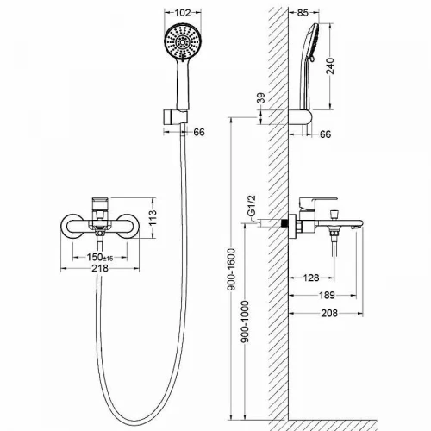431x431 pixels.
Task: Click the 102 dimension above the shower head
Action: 183,13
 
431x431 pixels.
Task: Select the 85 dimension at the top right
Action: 303,13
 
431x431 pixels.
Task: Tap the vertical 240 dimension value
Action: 330,66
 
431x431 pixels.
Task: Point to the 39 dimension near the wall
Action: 261,98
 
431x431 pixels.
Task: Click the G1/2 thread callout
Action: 251,206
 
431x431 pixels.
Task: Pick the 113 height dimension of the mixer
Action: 153,217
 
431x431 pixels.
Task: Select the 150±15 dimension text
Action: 100,257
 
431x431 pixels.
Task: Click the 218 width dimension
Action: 100,268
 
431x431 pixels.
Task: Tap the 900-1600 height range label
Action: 231,270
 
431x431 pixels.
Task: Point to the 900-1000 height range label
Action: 245,322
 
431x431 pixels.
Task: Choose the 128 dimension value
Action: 311,278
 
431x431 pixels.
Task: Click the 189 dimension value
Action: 327,295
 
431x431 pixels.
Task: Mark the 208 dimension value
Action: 329,313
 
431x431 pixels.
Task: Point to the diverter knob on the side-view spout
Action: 334,214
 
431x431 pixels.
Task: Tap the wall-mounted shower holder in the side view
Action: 301,117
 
